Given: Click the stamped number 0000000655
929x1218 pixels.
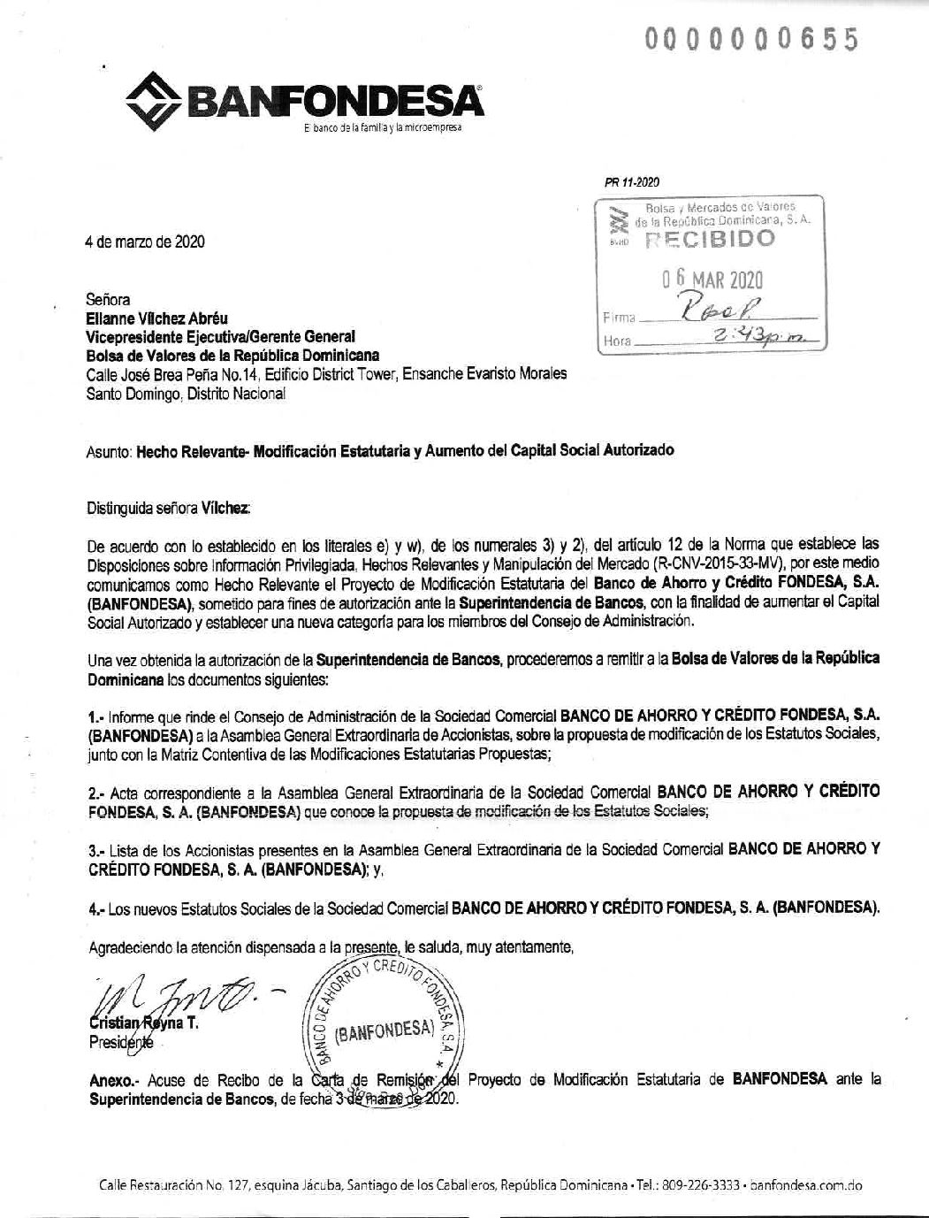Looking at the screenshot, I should click(751, 40).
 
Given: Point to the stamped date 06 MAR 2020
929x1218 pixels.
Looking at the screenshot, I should click(712, 280).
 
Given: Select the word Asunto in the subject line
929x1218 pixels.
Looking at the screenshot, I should click(109, 450).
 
